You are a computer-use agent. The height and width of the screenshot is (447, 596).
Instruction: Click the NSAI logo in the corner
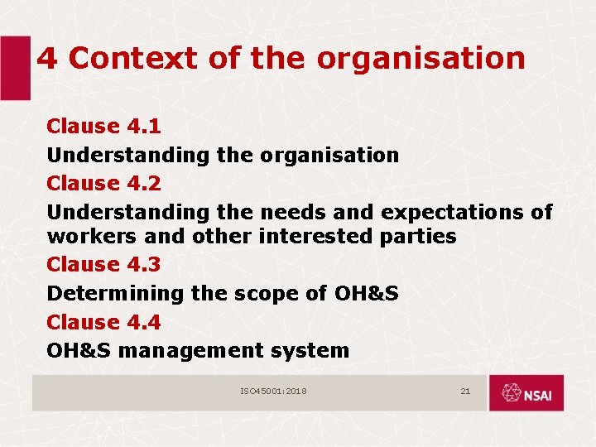[x=526, y=392]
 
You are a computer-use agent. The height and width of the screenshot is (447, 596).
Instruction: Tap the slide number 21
[x=465, y=391]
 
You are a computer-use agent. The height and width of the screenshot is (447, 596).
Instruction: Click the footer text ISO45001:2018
[x=273, y=391]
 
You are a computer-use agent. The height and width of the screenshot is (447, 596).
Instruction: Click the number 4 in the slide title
[x=48, y=59]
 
